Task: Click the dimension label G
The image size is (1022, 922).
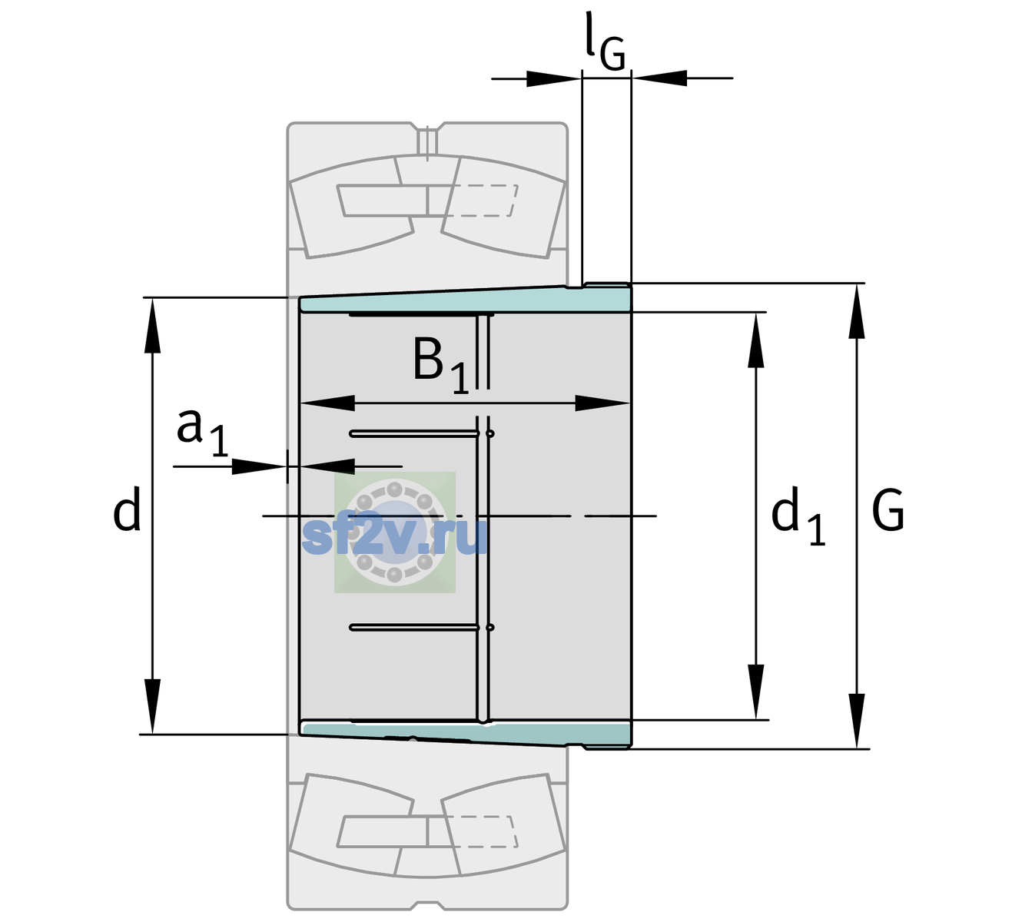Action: point(888,510)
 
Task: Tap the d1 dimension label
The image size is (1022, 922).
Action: point(798,516)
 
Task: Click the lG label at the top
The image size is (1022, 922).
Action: point(606,41)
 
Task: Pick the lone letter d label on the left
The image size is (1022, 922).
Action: point(126,509)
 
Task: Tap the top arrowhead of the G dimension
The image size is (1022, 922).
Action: point(857,311)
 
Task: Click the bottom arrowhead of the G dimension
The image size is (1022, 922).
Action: point(857,721)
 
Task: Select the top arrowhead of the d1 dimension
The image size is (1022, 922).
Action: point(755,340)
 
